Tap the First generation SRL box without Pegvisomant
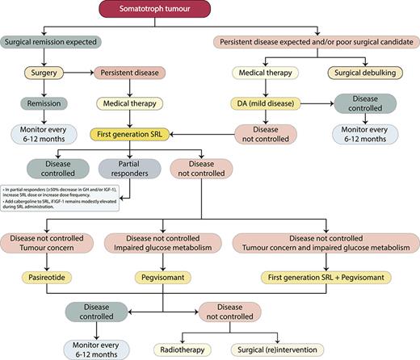pyautogui.click(x=132, y=133)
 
